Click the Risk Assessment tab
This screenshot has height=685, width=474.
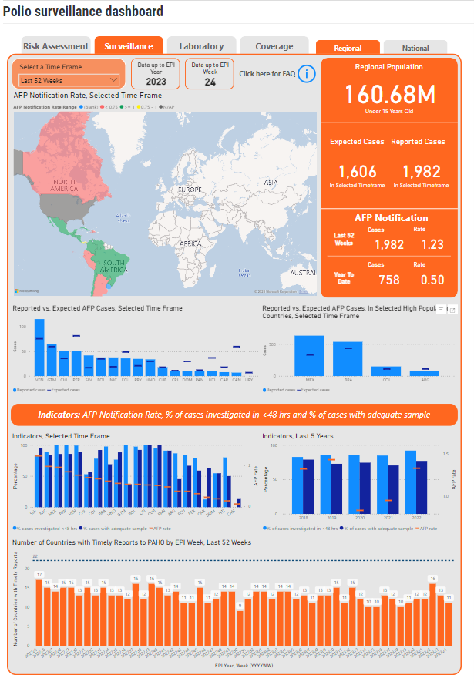click(55, 46)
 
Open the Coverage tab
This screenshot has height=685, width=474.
click(274, 46)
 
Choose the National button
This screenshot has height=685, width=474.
click(415, 49)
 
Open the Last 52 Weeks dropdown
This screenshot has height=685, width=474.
click(69, 80)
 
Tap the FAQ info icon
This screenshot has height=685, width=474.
click(307, 74)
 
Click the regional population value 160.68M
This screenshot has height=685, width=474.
click(388, 95)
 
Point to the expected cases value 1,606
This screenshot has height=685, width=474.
click(357, 171)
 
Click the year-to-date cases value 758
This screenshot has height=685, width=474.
click(389, 279)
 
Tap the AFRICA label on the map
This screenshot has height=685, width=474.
click(190, 243)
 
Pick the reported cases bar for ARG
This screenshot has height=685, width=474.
click(424, 372)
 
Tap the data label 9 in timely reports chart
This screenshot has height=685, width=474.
click(240, 606)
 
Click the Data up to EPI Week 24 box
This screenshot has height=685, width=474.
click(210, 74)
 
